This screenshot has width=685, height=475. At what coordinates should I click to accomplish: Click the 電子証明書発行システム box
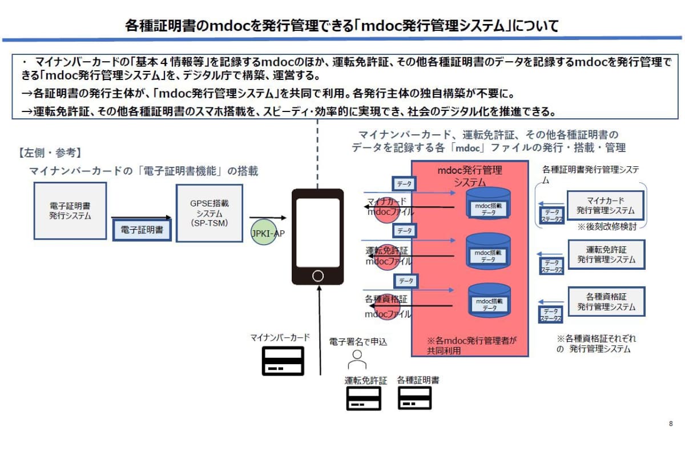pyautogui.click(x=70, y=210)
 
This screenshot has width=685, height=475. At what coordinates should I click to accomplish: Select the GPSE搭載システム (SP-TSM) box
pyautogui.click(x=209, y=213)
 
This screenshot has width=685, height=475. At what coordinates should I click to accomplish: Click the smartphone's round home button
pyautogui.click(x=318, y=276)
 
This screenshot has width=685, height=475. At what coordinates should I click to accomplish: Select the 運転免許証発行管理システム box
pyautogui.click(x=606, y=254)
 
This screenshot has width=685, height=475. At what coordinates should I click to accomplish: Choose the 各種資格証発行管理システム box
pyautogui.click(x=606, y=302)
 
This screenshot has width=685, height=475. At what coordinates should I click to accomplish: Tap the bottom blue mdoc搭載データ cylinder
pyautogui.click(x=488, y=301)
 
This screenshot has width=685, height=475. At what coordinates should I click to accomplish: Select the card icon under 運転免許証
pyautogui.click(x=364, y=398)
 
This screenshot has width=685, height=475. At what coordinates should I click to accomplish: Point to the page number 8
pyautogui.click(x=670, y=424)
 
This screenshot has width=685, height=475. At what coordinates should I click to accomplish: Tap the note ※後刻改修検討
pyautogui.click(x=606, y=226)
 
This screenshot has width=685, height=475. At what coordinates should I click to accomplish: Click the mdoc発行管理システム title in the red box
pyautogui.click(x=469, y=176)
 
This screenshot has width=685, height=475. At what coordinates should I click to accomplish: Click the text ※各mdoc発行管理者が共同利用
pyautogui.click(x=472, y=345)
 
